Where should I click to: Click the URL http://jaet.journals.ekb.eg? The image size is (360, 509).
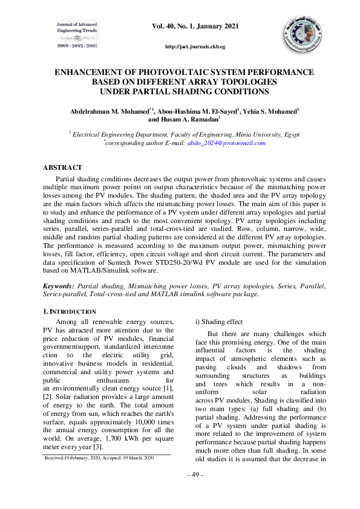pos(195,47)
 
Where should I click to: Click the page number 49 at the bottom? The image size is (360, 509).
pos(194,491)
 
